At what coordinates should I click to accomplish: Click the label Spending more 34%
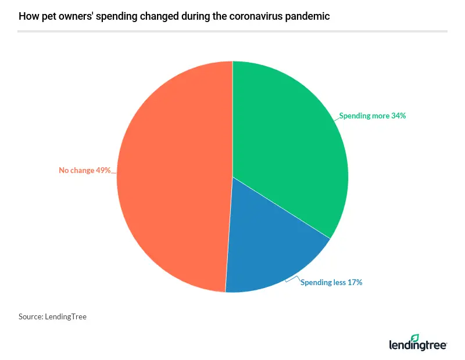[373, 116]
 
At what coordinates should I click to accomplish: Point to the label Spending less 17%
[331, 282]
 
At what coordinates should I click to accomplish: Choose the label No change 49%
[85, 170]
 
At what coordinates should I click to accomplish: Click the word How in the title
[27, 16]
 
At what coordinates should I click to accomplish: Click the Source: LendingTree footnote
[52, 317]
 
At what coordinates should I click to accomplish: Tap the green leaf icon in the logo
[414, 339]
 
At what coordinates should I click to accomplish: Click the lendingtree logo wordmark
[417, 345]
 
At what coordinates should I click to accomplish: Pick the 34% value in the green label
[399, 116]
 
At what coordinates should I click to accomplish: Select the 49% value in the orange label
[103, 170]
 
